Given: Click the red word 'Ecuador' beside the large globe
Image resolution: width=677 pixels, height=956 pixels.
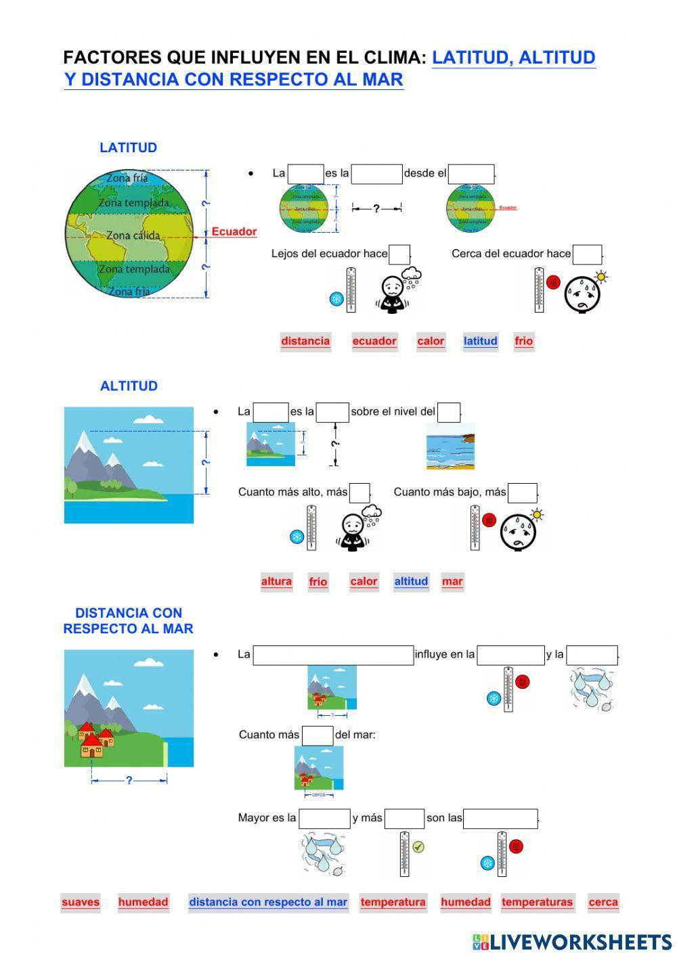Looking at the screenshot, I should point(234,232).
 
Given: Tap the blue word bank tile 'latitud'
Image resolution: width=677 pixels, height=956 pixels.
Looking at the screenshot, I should point(480,341).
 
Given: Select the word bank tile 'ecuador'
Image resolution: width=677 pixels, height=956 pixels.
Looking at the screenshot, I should point(374,341).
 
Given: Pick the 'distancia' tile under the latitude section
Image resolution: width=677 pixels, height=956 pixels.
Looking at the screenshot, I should point(305,341).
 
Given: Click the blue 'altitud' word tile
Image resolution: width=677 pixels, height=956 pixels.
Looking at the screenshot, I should point(411,581).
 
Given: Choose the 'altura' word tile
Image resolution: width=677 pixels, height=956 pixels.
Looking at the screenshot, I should point(276,581).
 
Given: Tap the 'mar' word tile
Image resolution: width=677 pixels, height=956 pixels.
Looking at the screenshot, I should point(452,581).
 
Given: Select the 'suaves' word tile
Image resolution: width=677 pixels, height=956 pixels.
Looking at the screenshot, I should point(81,902).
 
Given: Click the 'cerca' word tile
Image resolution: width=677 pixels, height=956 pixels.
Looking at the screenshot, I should point(603,902).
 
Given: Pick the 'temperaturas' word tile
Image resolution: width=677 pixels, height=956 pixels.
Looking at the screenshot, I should point(537,902).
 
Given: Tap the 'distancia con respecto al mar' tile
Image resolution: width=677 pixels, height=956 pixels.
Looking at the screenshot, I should point(268,902).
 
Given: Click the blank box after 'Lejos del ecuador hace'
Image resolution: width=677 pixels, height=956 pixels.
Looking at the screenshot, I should point(399,254).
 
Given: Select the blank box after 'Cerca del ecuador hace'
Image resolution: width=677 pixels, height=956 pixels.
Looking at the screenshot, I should point(587,254).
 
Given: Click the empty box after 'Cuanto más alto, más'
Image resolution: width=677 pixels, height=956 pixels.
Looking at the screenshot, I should point(359,493).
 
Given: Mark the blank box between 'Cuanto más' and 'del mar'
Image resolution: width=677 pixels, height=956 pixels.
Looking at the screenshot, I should point(317,735).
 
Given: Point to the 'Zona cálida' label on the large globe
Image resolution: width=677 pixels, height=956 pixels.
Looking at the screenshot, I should point(133,235).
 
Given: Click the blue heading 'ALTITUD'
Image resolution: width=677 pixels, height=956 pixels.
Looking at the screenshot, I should point(129,386).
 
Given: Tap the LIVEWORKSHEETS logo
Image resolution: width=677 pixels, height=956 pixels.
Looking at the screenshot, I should point(572,942).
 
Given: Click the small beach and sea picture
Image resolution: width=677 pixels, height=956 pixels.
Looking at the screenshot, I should point(450,447).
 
